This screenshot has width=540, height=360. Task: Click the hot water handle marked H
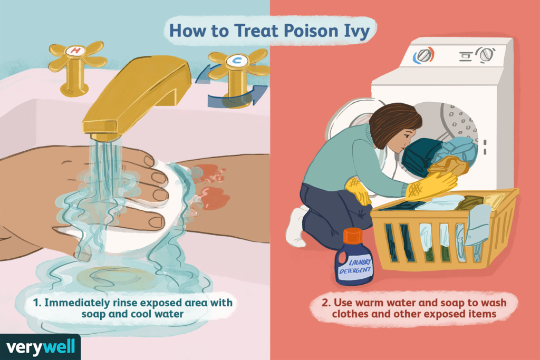point(75,58)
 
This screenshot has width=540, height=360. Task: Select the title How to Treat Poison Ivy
point(271,31)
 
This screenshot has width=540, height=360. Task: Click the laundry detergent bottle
point(354,261)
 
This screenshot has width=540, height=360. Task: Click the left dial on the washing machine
point(423,55)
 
